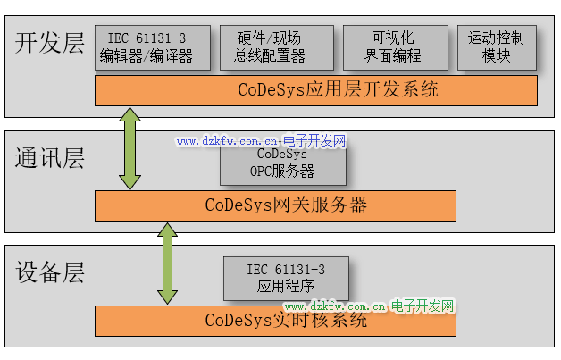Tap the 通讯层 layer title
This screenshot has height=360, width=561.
(x=49, y=159)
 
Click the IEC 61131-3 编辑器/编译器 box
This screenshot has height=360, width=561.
(x=153, y=47)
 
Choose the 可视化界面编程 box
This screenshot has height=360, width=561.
(x=393, y=47)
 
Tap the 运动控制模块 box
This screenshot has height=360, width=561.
(x=497, y=47)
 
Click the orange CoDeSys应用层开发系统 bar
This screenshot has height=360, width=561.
(x=316, y=90)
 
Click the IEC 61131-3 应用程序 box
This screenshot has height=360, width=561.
(x=286, y=278)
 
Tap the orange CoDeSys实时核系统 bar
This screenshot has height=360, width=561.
(x=278, y=320)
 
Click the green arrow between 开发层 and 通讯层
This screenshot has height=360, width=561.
(x=130, y=148)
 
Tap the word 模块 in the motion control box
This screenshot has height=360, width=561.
(x=497, y=55)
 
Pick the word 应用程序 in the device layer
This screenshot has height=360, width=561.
(x=286, y=287)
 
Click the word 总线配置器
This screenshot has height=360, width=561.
(x=270, y=55)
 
